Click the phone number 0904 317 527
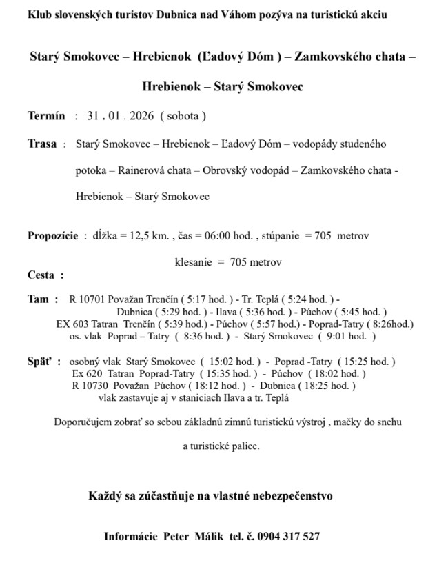coord(290,536)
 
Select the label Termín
coord(46,116)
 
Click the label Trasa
coord(41,144)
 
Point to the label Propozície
coord(52,235)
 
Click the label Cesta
coord(41,275)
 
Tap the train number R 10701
coord(87,300)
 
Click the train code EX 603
coord(71,324)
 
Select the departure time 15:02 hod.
coord(236,362)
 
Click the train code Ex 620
coord(84,373)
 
